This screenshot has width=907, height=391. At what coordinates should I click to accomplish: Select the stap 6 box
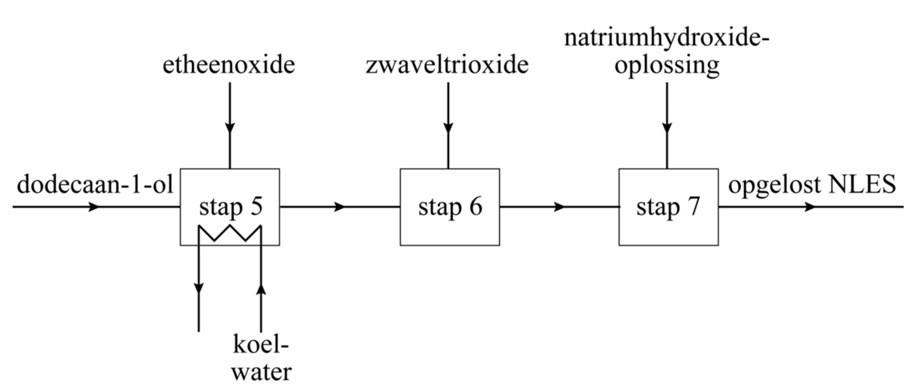[450, 207]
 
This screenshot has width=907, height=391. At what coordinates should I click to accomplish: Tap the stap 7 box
[668, 207]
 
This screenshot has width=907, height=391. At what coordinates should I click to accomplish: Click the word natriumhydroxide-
[667, 38]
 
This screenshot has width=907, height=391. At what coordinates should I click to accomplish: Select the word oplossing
[667, 66]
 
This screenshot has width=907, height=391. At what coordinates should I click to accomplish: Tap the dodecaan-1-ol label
[95, 184]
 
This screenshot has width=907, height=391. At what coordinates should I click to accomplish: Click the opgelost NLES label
[811, 184]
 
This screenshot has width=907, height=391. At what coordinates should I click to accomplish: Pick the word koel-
[261, 345]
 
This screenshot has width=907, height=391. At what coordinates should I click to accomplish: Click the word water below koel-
[261, 372]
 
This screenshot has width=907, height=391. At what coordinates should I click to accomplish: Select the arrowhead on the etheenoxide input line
[230, 128]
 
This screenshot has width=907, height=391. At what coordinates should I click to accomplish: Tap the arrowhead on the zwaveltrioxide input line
[448, 128]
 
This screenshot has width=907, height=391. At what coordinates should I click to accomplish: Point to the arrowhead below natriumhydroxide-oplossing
[667, 128]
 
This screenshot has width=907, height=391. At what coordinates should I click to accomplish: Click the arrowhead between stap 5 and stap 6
[340, 207]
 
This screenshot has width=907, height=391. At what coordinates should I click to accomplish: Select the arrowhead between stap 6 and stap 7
[559, 207]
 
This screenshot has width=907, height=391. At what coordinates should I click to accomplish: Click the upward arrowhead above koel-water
[261, 289]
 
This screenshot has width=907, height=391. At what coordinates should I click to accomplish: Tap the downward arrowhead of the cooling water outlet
[199, 288]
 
